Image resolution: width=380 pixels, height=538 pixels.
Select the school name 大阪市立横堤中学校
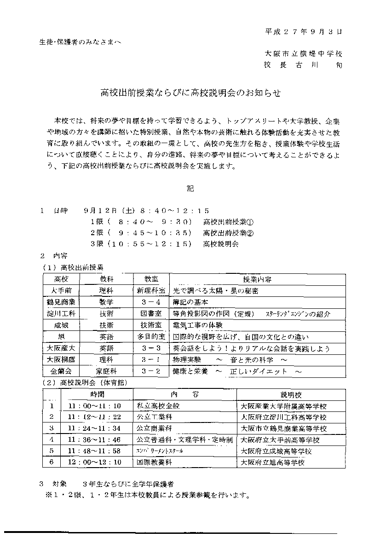coord(304,54)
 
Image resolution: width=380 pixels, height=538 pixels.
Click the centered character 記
coord(190,188)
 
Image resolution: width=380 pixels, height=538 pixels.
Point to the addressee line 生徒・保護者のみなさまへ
coord(81,42)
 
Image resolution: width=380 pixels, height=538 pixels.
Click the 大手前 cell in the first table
coord(61,291)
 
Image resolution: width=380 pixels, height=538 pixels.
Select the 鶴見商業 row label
coord(61,302)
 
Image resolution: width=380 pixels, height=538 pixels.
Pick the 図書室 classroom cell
coord(150,314)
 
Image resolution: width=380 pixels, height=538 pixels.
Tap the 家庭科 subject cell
coord(106,371)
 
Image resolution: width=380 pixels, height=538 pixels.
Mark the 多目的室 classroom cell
coord(150,337)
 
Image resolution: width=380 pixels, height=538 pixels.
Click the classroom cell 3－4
coord(150,302)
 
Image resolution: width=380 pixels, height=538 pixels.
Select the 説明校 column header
coord(291,395)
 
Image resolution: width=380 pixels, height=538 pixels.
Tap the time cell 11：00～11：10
coord(94,406)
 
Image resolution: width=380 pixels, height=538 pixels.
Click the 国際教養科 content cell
coord(155,462)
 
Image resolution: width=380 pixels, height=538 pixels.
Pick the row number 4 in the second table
coord(52,440)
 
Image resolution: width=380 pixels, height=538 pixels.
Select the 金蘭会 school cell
coord(61,371)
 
